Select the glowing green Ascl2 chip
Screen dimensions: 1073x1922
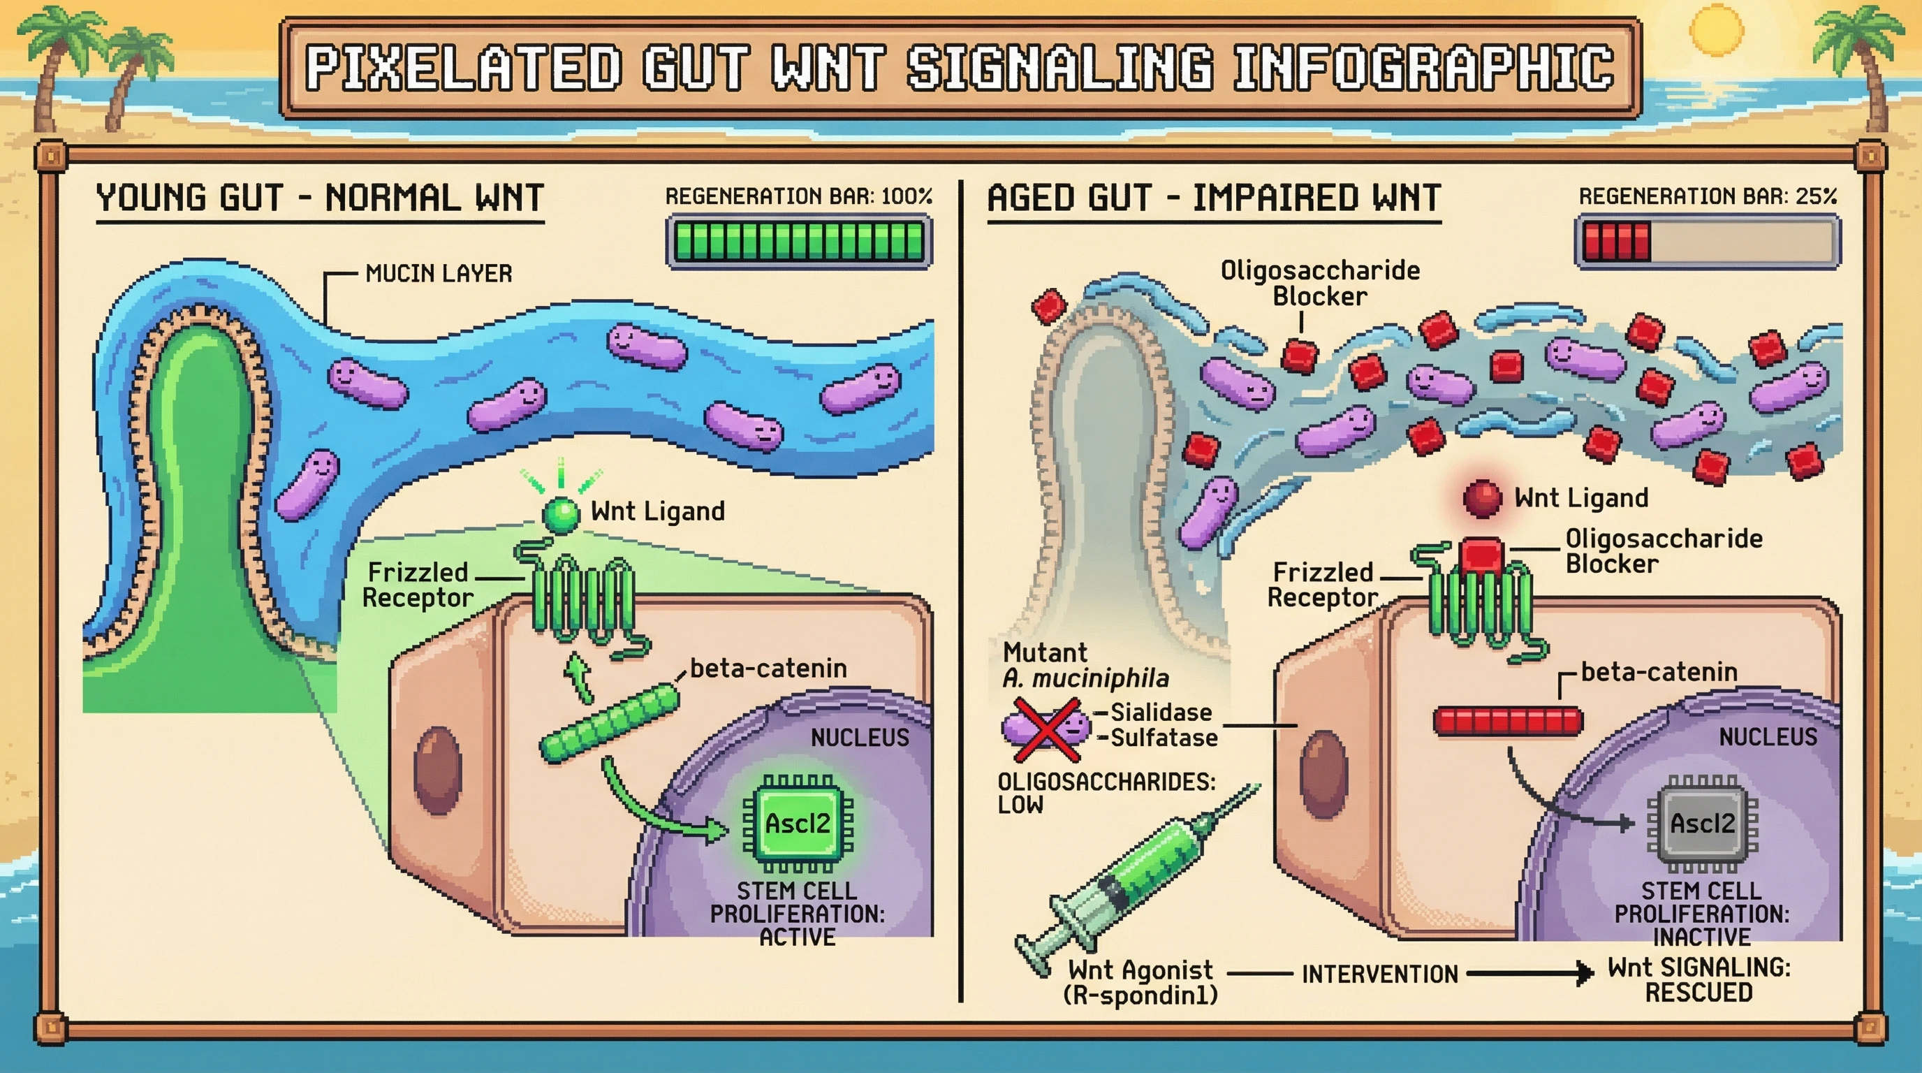tap(798, 824)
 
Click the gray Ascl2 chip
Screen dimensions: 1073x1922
tap(1702, 824)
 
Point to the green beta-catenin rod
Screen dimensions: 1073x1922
tap(610, 724)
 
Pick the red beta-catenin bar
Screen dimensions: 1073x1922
tap(1508, 722)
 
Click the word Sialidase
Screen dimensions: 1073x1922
tap(1161, 713)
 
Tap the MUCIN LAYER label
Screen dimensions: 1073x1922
tap(439, 274)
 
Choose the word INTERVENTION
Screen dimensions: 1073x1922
tap(1379, 975)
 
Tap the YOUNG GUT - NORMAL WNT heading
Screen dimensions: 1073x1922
tap(320, 198)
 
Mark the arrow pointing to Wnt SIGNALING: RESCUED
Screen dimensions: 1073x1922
tap(1529, 974)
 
